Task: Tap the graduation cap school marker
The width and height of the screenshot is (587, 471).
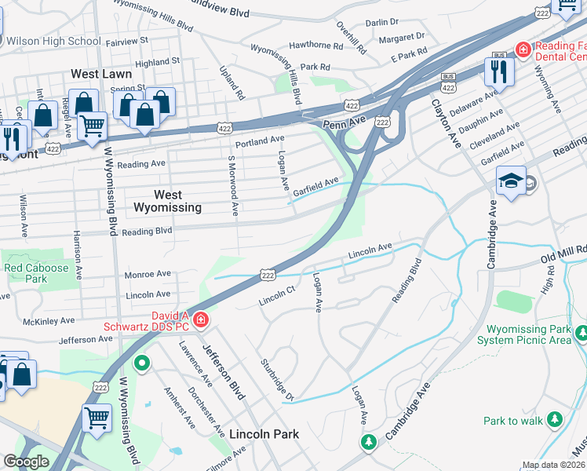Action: point(511,181)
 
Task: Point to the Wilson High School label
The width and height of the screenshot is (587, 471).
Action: point(54,41)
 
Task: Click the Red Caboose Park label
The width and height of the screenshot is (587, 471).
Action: point(37,272)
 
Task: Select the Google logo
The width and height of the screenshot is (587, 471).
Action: point(26,462)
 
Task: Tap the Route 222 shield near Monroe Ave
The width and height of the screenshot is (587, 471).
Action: point(268,276)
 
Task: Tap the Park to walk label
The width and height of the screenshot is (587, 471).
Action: point(512,421)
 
